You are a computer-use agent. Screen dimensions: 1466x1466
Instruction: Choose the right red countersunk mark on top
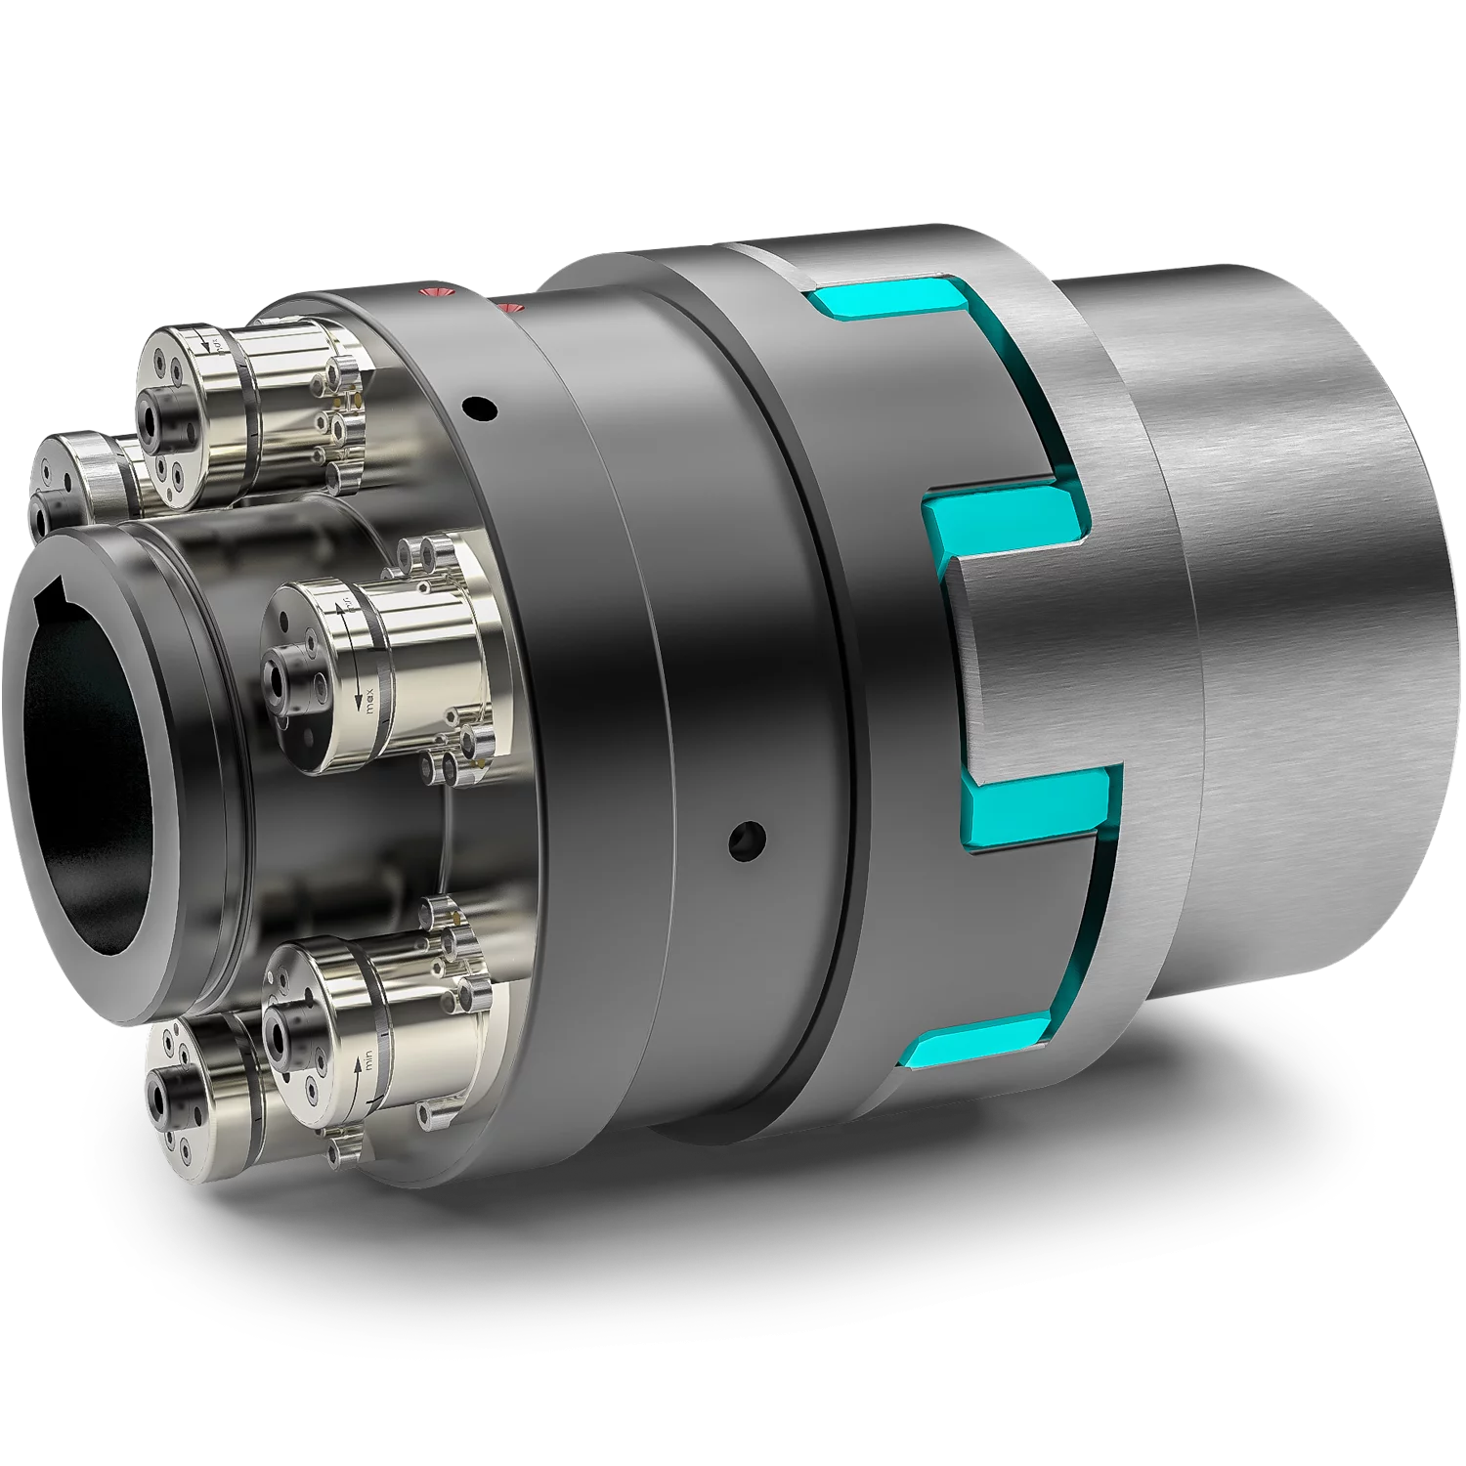(510, 309)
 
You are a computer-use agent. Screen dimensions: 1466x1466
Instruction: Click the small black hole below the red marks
(479, 406)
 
